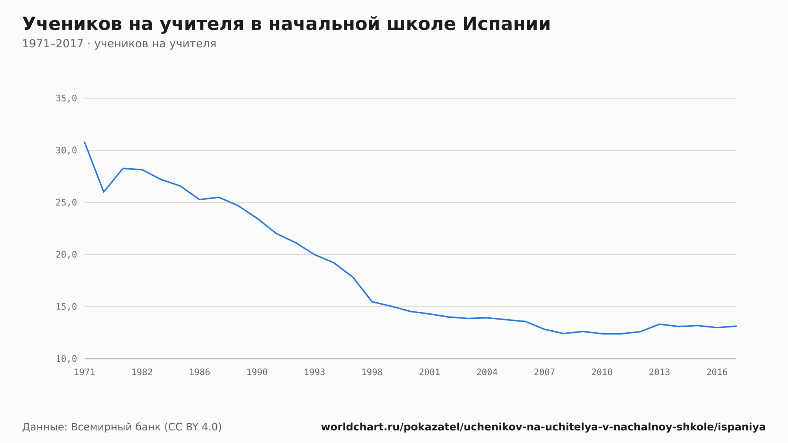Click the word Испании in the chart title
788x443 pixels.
tap(506, 24)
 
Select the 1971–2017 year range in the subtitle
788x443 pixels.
tap(53, 44)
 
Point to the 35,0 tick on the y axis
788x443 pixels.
tap(66, 99)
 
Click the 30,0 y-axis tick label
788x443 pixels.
tap(66, 151)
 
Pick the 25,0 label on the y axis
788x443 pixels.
tap(66, 203)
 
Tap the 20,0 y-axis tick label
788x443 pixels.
tap(66, 255)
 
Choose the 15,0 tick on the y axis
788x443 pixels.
tap(66, 307)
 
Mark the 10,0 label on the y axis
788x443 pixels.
tap(66, 359)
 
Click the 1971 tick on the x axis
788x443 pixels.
tap(85, 372)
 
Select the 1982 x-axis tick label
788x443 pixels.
tap(142, 372)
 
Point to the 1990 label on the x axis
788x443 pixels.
tap(257, 372)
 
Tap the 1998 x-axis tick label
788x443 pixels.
tap(372, 372)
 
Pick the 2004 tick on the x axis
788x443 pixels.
tap(487, 372)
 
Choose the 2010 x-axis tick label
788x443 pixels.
tap(602, 372)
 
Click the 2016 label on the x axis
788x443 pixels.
tap(717, 372)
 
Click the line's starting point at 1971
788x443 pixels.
tap(85, 142)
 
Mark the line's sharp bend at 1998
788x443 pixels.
tap(372, 302)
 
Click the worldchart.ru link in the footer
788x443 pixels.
tap(543, 427)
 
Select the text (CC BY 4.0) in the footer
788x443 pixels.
tap(193, 427)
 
